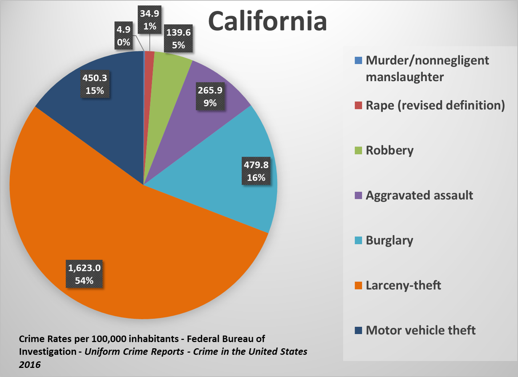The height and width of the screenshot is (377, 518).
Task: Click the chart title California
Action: tap(267, 21)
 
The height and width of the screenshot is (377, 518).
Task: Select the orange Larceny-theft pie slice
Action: tap(145, 254)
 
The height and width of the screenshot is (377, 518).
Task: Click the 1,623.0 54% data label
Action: tap(84, 274)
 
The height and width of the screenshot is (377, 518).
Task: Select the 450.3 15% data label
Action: tap(95, 84)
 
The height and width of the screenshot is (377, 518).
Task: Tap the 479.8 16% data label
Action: tap(256, 171)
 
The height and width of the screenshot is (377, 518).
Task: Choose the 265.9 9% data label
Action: tap(210, 96)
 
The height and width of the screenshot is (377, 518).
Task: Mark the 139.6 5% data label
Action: tap(178, 39)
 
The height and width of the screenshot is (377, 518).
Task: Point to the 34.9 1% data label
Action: tap(150, 20)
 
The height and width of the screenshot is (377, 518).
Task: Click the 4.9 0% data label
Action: tap(124, 36)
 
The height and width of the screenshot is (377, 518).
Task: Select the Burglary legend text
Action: tap(389, 241)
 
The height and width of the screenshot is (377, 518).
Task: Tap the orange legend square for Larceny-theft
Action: tap(359, 285)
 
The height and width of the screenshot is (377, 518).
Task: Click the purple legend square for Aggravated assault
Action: tap(359, 196)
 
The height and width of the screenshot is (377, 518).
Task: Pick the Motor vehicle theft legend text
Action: tap(421, 330)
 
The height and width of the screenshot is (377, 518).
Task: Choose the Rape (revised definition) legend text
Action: tap(435, 105)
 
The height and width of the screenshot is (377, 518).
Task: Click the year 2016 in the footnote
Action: tap(30, 365)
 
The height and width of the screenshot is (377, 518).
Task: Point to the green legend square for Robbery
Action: tap(359, 151)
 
